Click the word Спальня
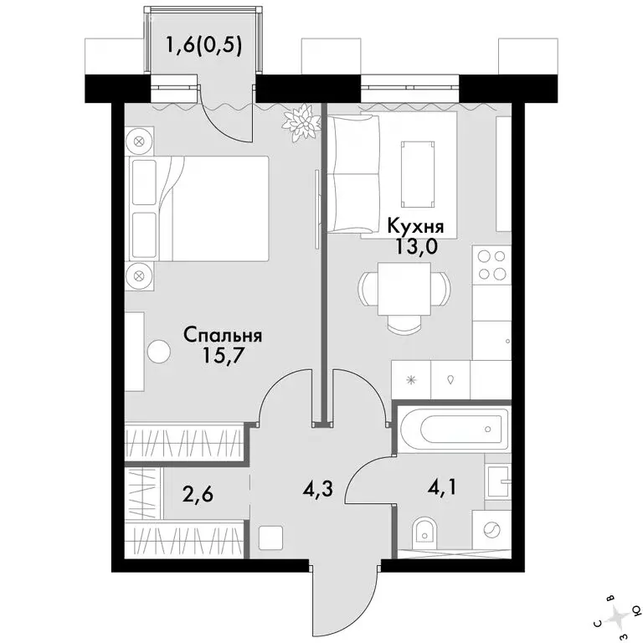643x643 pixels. click(223, 336)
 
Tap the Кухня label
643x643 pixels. click(416, 226)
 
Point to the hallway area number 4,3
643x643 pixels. click(319, 489)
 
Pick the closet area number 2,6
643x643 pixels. click(199, 495)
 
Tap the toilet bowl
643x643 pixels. click(425, 533)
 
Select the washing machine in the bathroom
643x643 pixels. click(491, 529)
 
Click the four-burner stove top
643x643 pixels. click(491, 265)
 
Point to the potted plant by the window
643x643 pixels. click(301, 122)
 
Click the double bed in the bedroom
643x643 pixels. click(199, 208)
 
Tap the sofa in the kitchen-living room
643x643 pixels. click(357, 174)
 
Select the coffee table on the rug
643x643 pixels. click(418, 175)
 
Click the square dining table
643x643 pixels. click(404, 289)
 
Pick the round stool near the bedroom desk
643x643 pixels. click(159, 352)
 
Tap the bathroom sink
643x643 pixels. click(498, 482)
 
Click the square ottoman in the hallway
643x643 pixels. click(270, 537)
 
